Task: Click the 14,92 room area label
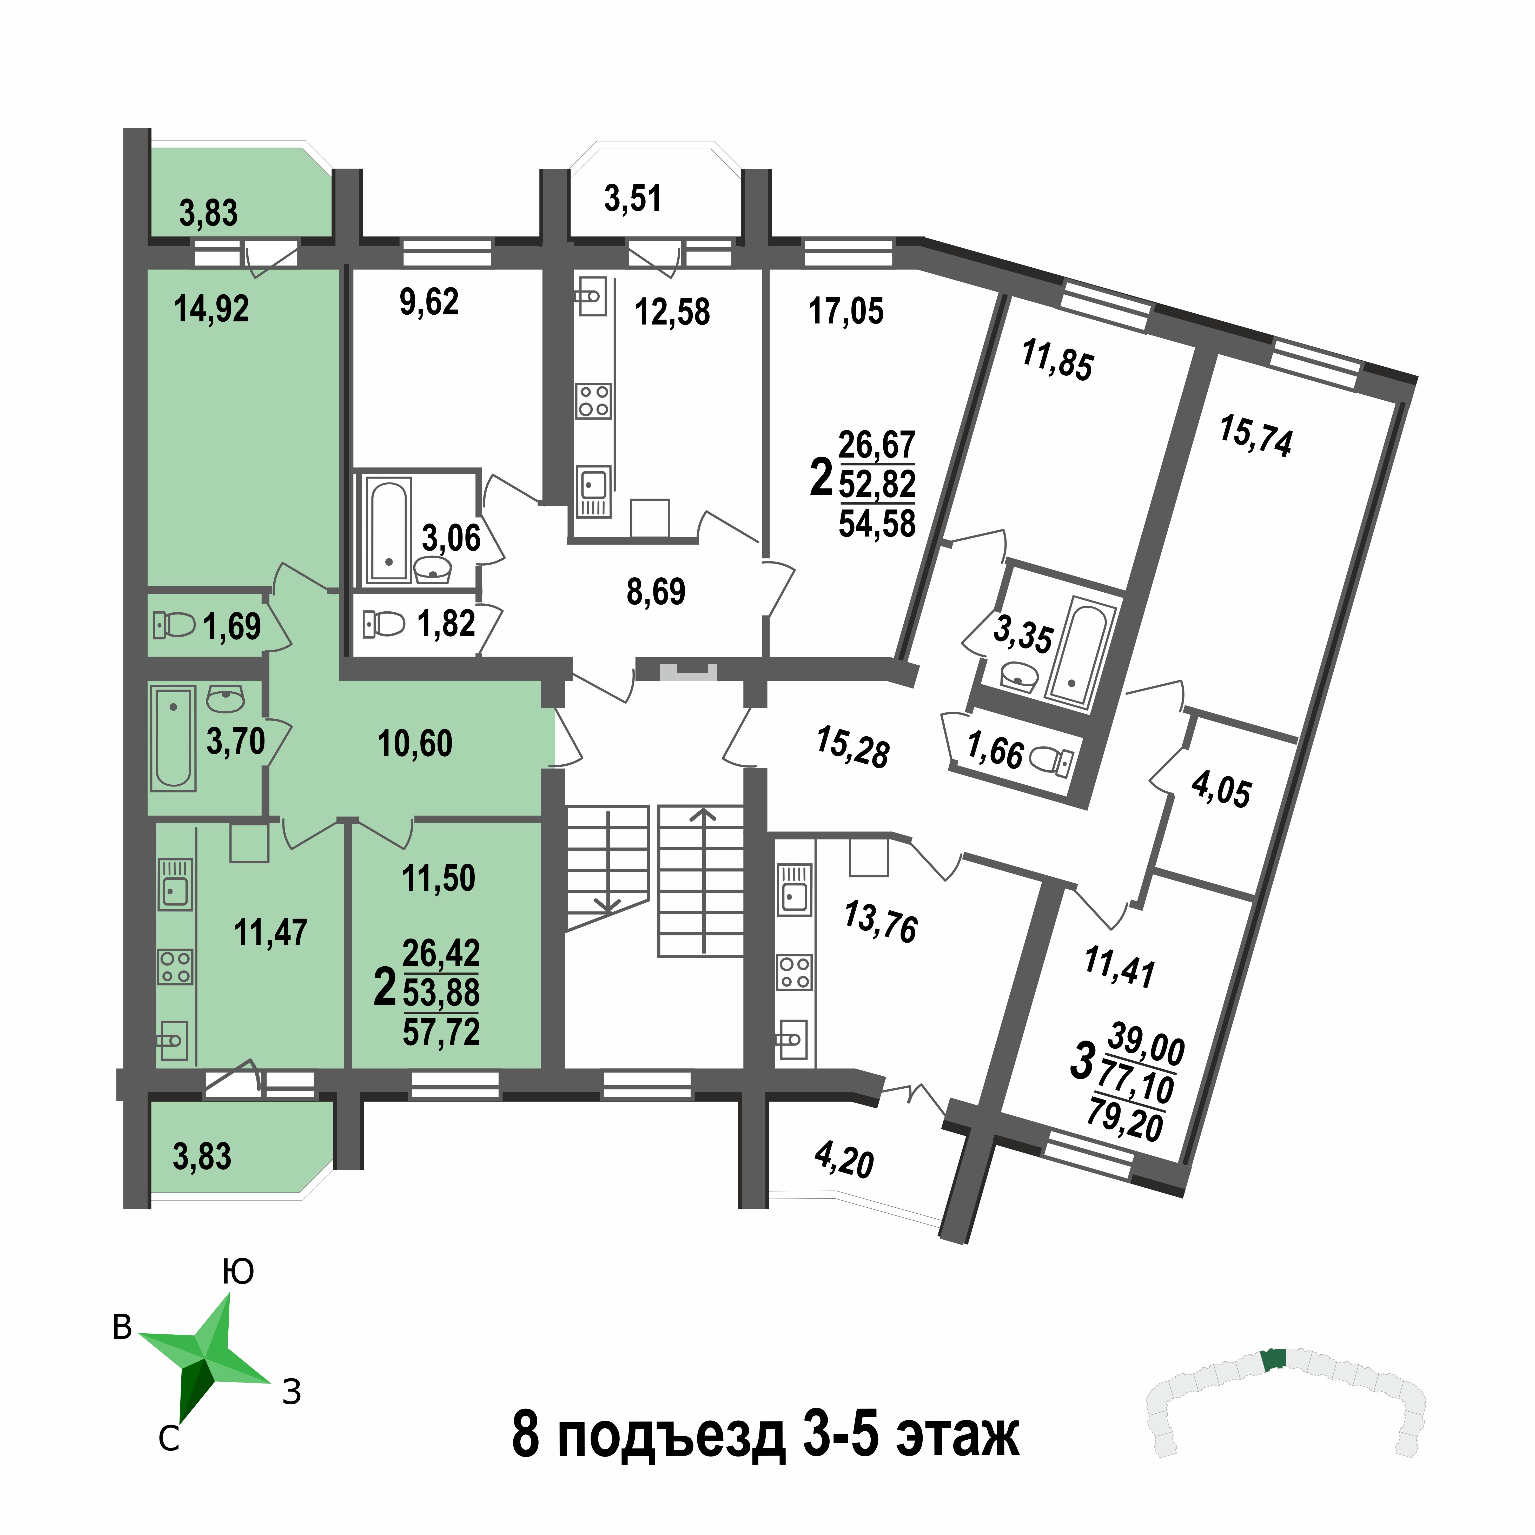pos(211,308)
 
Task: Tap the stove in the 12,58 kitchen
pos(593,401)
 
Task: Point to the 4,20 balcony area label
pos(844,1162)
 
